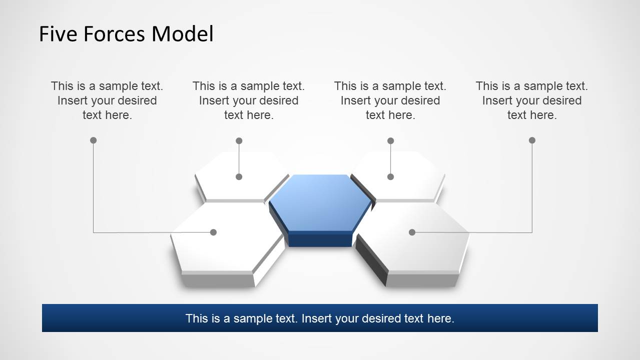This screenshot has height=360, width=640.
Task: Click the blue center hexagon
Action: (320, 202)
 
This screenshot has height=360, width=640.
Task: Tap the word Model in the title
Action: (183, 34)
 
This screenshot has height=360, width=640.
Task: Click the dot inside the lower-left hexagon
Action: (213, 232)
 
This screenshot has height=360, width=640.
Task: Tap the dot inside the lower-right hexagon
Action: (412, 232)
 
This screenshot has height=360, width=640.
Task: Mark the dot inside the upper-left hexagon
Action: (239, 176)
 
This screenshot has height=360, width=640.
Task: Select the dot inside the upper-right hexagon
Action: (390, 176)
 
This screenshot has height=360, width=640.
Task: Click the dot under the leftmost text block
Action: (93, 140)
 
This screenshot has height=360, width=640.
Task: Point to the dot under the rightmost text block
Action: (532, 140)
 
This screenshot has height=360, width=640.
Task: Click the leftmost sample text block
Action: (107, 100)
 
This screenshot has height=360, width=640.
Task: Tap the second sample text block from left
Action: (249, 100)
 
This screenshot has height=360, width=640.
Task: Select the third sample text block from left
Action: (390, 100)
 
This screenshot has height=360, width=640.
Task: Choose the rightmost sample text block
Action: (532, 100)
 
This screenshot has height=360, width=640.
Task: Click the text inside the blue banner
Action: (320, 318)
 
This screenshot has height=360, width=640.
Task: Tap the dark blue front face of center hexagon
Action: (320, 239)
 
